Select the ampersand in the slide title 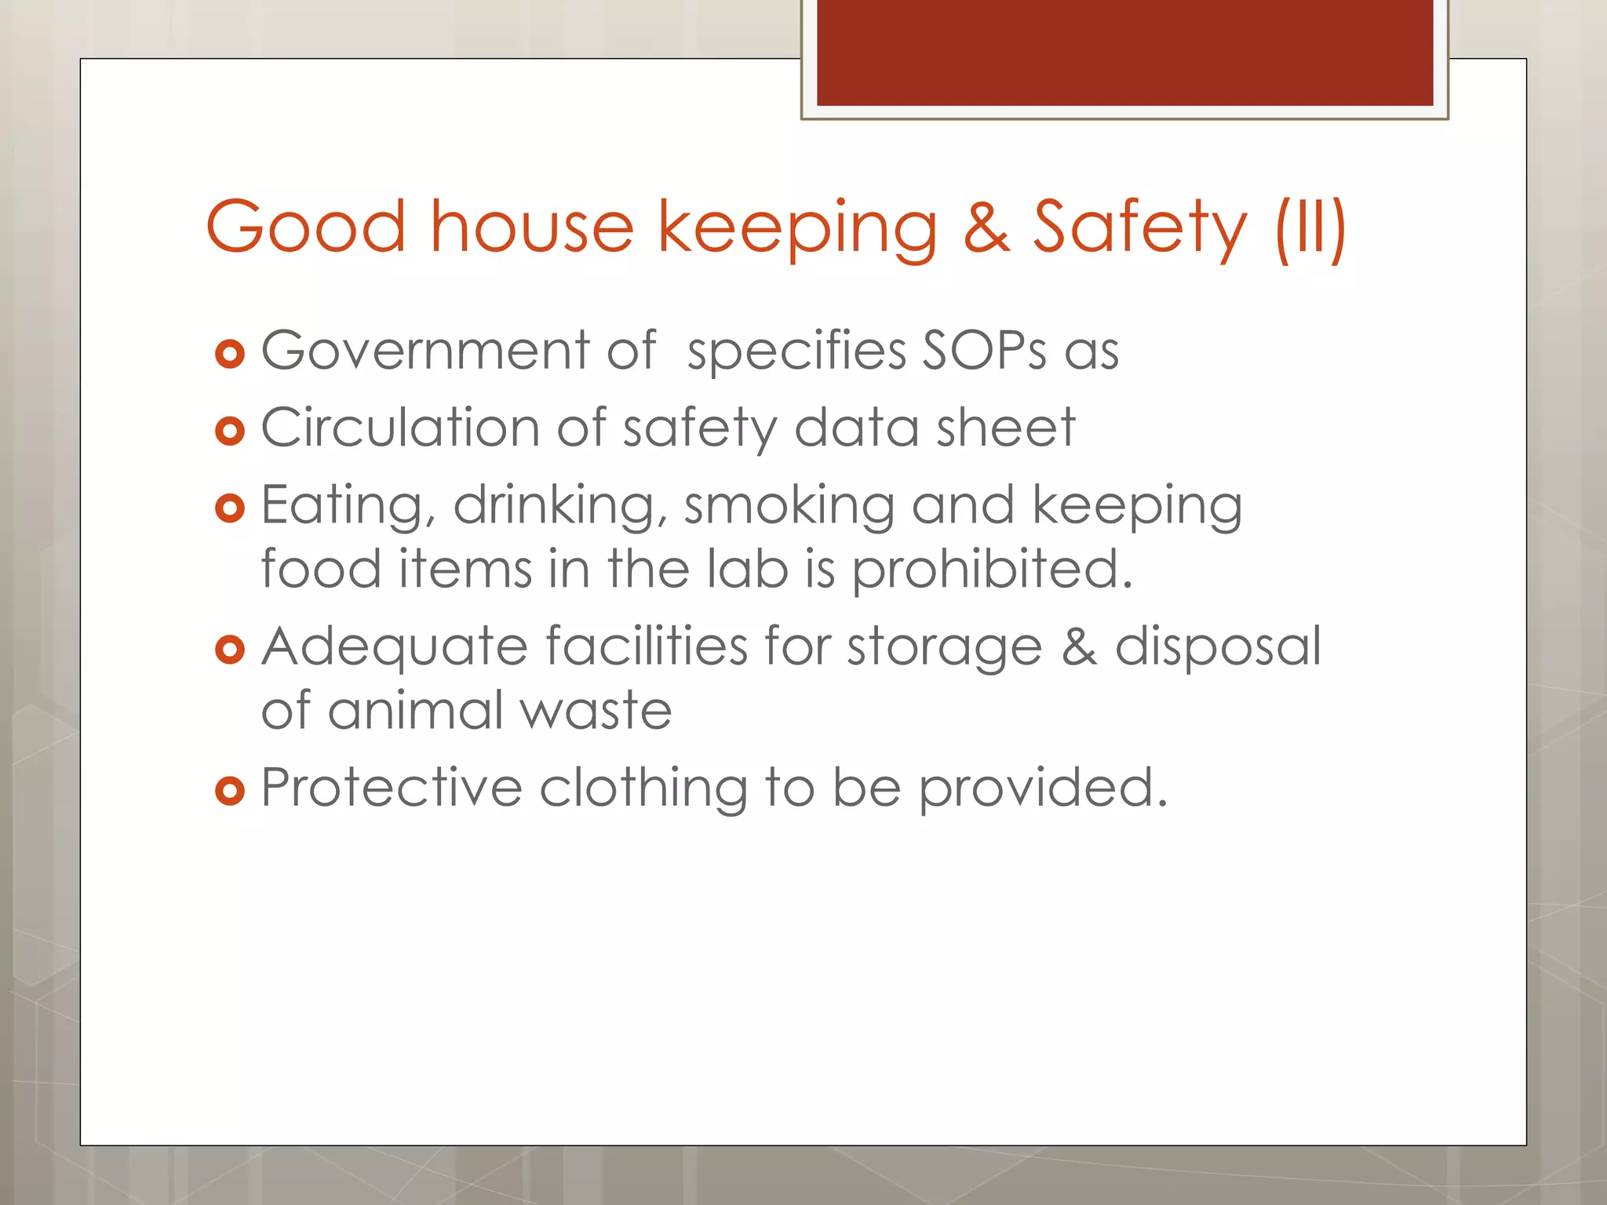pyautogui.click(x=986, y=228)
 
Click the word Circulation pyautogui.click(x=399, y=428)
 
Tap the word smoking pyautogui.click(x=789, y=505)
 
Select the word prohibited pyautogui.click(x=993, y=569)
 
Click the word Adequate pyautogui.click(x=395, y=646)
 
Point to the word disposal pyautogui.click(x=1218, y=646)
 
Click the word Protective pyautogui.click(x=392, y=788)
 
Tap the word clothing pyautogui.click(x=643, y=788)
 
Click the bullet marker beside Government pyautogui.click(x=230, y=354)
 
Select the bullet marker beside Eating pyautogui.click(x=230, y=509)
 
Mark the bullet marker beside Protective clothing pyautogui.click(x=230, y=791)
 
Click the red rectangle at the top pyautogui.click(x=1124, y=52)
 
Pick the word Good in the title pyautogui.click(x=306, y=228)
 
